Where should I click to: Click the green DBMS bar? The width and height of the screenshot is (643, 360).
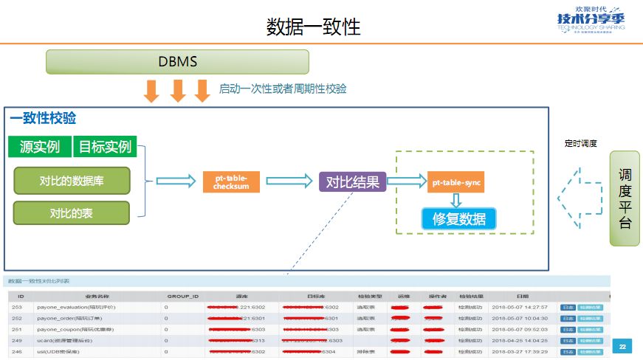click(x=177, y=62)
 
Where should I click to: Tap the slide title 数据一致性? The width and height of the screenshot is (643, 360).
click(x=313, y=27)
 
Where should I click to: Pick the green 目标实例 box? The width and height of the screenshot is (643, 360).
click(x=105, y=146)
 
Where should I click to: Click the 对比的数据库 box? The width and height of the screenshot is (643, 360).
click(x=72, y=181)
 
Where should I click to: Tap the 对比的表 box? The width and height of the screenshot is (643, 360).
click(x=72, y=213)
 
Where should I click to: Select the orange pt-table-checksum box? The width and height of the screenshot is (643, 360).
click(x=231, y=181)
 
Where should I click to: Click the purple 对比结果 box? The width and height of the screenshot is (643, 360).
click(x=353, y=181)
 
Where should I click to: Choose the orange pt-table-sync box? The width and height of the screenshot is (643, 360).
click(x=455, y=181)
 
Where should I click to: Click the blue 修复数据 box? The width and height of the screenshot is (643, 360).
click(x=458, y=218)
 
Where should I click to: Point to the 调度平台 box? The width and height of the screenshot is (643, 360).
click(x=625, y=198)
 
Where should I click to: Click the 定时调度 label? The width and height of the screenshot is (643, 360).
click(x=580, y=144)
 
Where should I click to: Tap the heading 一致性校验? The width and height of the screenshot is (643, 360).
click(x=43, y=118)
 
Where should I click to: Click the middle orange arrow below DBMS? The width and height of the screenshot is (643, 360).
click(x=177, y=91)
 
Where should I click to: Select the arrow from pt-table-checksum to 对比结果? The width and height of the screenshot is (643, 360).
click(x=289, y=181)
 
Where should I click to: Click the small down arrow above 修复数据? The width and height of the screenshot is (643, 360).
click(x=456, y=200)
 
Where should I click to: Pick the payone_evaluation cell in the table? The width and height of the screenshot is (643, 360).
click(x=73, y=306)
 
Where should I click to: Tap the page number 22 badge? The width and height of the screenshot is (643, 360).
click(x=622, y=347)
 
